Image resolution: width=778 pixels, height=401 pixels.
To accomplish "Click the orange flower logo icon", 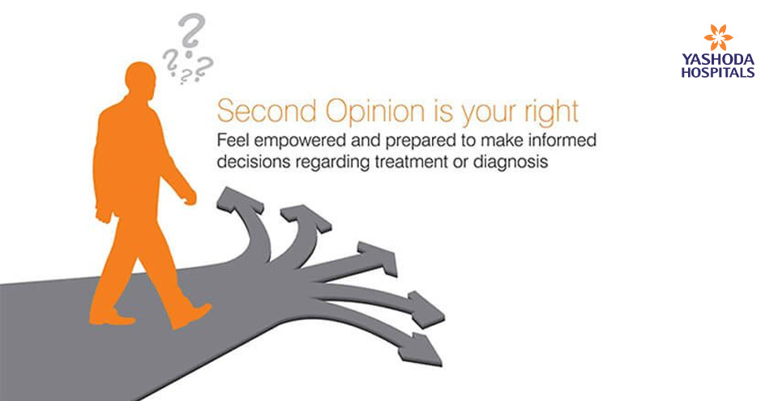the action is tap(718, 37).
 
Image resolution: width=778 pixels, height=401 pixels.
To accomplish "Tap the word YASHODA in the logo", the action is tap(718, 60).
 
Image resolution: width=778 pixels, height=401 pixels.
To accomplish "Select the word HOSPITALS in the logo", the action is tap(718, 72).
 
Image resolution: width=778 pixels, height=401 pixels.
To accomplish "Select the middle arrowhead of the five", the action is tap(379, 258).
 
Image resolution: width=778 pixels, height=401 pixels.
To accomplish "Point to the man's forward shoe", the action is tap(191, 315).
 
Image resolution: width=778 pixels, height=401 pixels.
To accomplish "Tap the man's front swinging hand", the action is tap(189, 197).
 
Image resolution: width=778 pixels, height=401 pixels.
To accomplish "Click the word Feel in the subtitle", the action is tap(232, 140).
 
